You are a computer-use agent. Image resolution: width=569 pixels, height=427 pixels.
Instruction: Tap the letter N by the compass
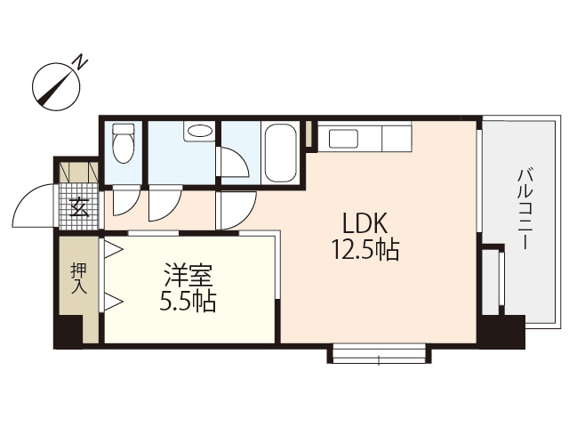pyautogui.click(x=80, y=62)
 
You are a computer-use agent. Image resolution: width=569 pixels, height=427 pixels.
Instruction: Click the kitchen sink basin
pyautogui.click(x=342, y=138)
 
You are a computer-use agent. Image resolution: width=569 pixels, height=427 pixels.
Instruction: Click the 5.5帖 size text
pyautogui.click(x=187, y=302)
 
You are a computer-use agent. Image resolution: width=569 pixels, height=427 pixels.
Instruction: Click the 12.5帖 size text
pyautogui.click(x=365, y=250)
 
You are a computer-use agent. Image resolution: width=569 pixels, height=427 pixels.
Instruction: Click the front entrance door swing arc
pyautogui.click(x=34, y=206)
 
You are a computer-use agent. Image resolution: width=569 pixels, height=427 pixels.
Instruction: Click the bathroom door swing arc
pyautogui.click(x=235, y=165)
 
